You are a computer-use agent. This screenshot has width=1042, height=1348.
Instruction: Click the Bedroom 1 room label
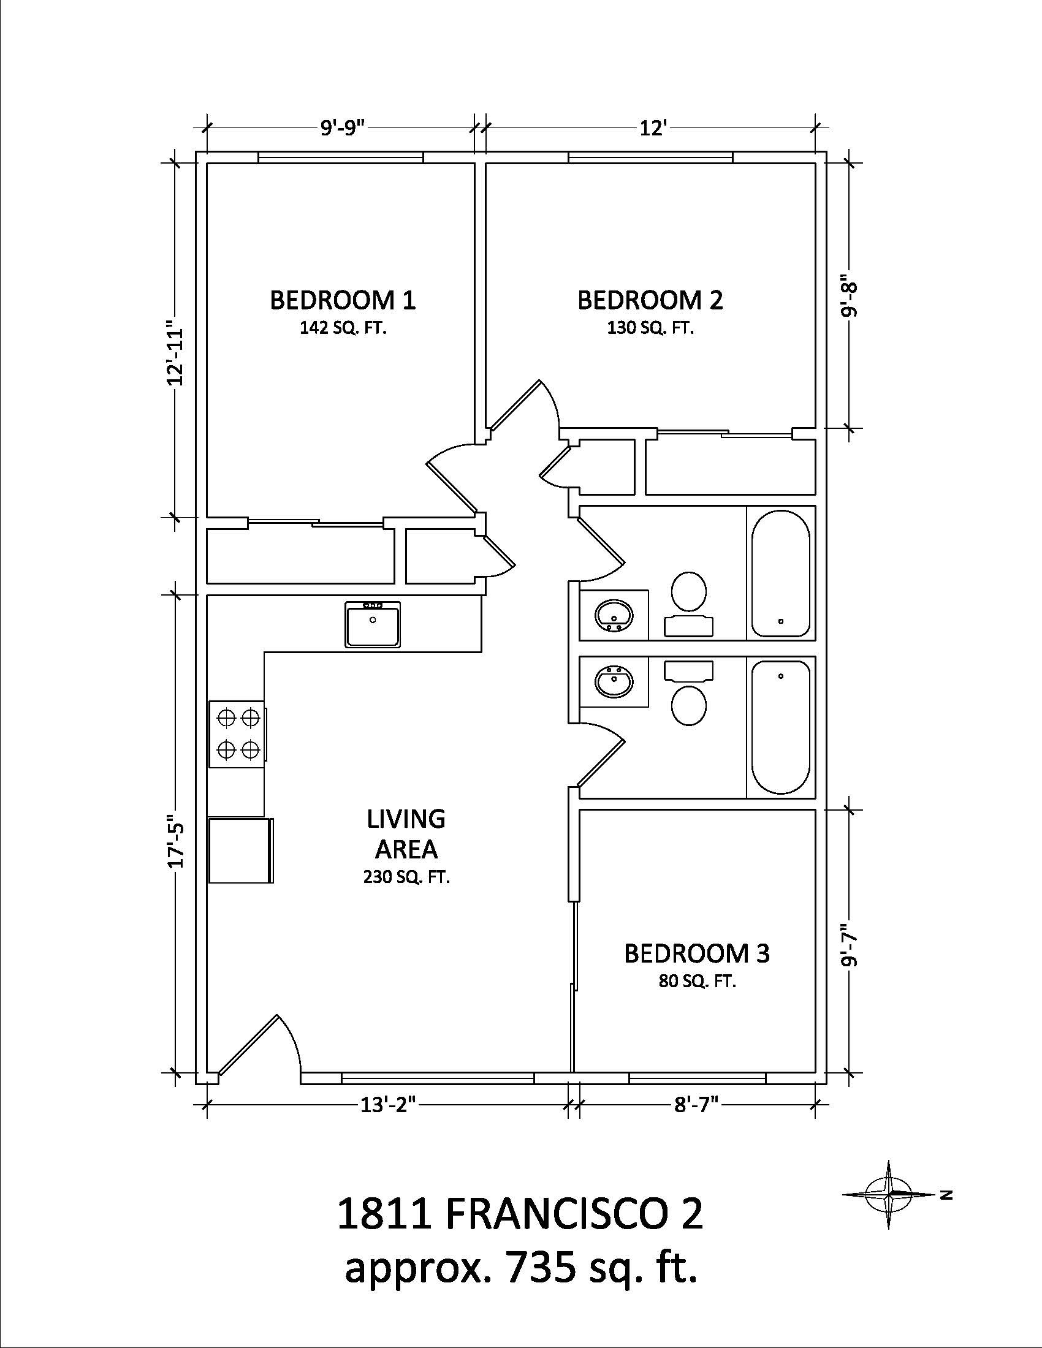coord(343,300)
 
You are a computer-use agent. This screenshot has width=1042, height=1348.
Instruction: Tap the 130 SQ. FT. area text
coord(650,328)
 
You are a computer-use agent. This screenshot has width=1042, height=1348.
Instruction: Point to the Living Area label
coord(406,834)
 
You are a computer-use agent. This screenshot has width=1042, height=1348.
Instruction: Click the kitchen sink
coord(372,624)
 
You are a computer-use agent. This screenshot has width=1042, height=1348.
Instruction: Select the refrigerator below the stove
coord(241,850)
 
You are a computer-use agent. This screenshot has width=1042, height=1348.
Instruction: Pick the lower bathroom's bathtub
coord(780,727)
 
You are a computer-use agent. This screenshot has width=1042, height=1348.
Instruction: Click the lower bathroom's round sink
coord(614,683)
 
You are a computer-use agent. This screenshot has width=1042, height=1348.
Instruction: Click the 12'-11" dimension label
coord(175,352)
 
